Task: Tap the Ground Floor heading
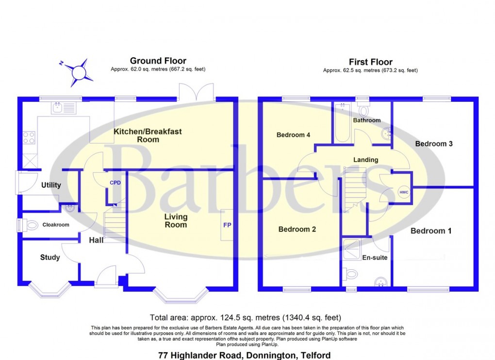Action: tap(158, 61)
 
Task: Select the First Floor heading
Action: tap(370, 62)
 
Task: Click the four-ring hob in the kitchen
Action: tap(28, 138)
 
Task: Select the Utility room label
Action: tap(51, 185)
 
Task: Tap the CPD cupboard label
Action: tap(115, 183)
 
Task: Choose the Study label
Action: tap(50, 257)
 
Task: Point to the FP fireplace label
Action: tap(227, 226)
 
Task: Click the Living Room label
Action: tap(175, 221)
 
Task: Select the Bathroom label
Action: tap(367, 120)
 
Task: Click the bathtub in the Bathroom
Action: tap(342, 124)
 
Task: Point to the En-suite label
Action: tap(375, 258)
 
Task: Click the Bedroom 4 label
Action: tap(293, 135)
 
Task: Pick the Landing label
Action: tap(365, 160)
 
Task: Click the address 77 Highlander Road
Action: tap(245, 355)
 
